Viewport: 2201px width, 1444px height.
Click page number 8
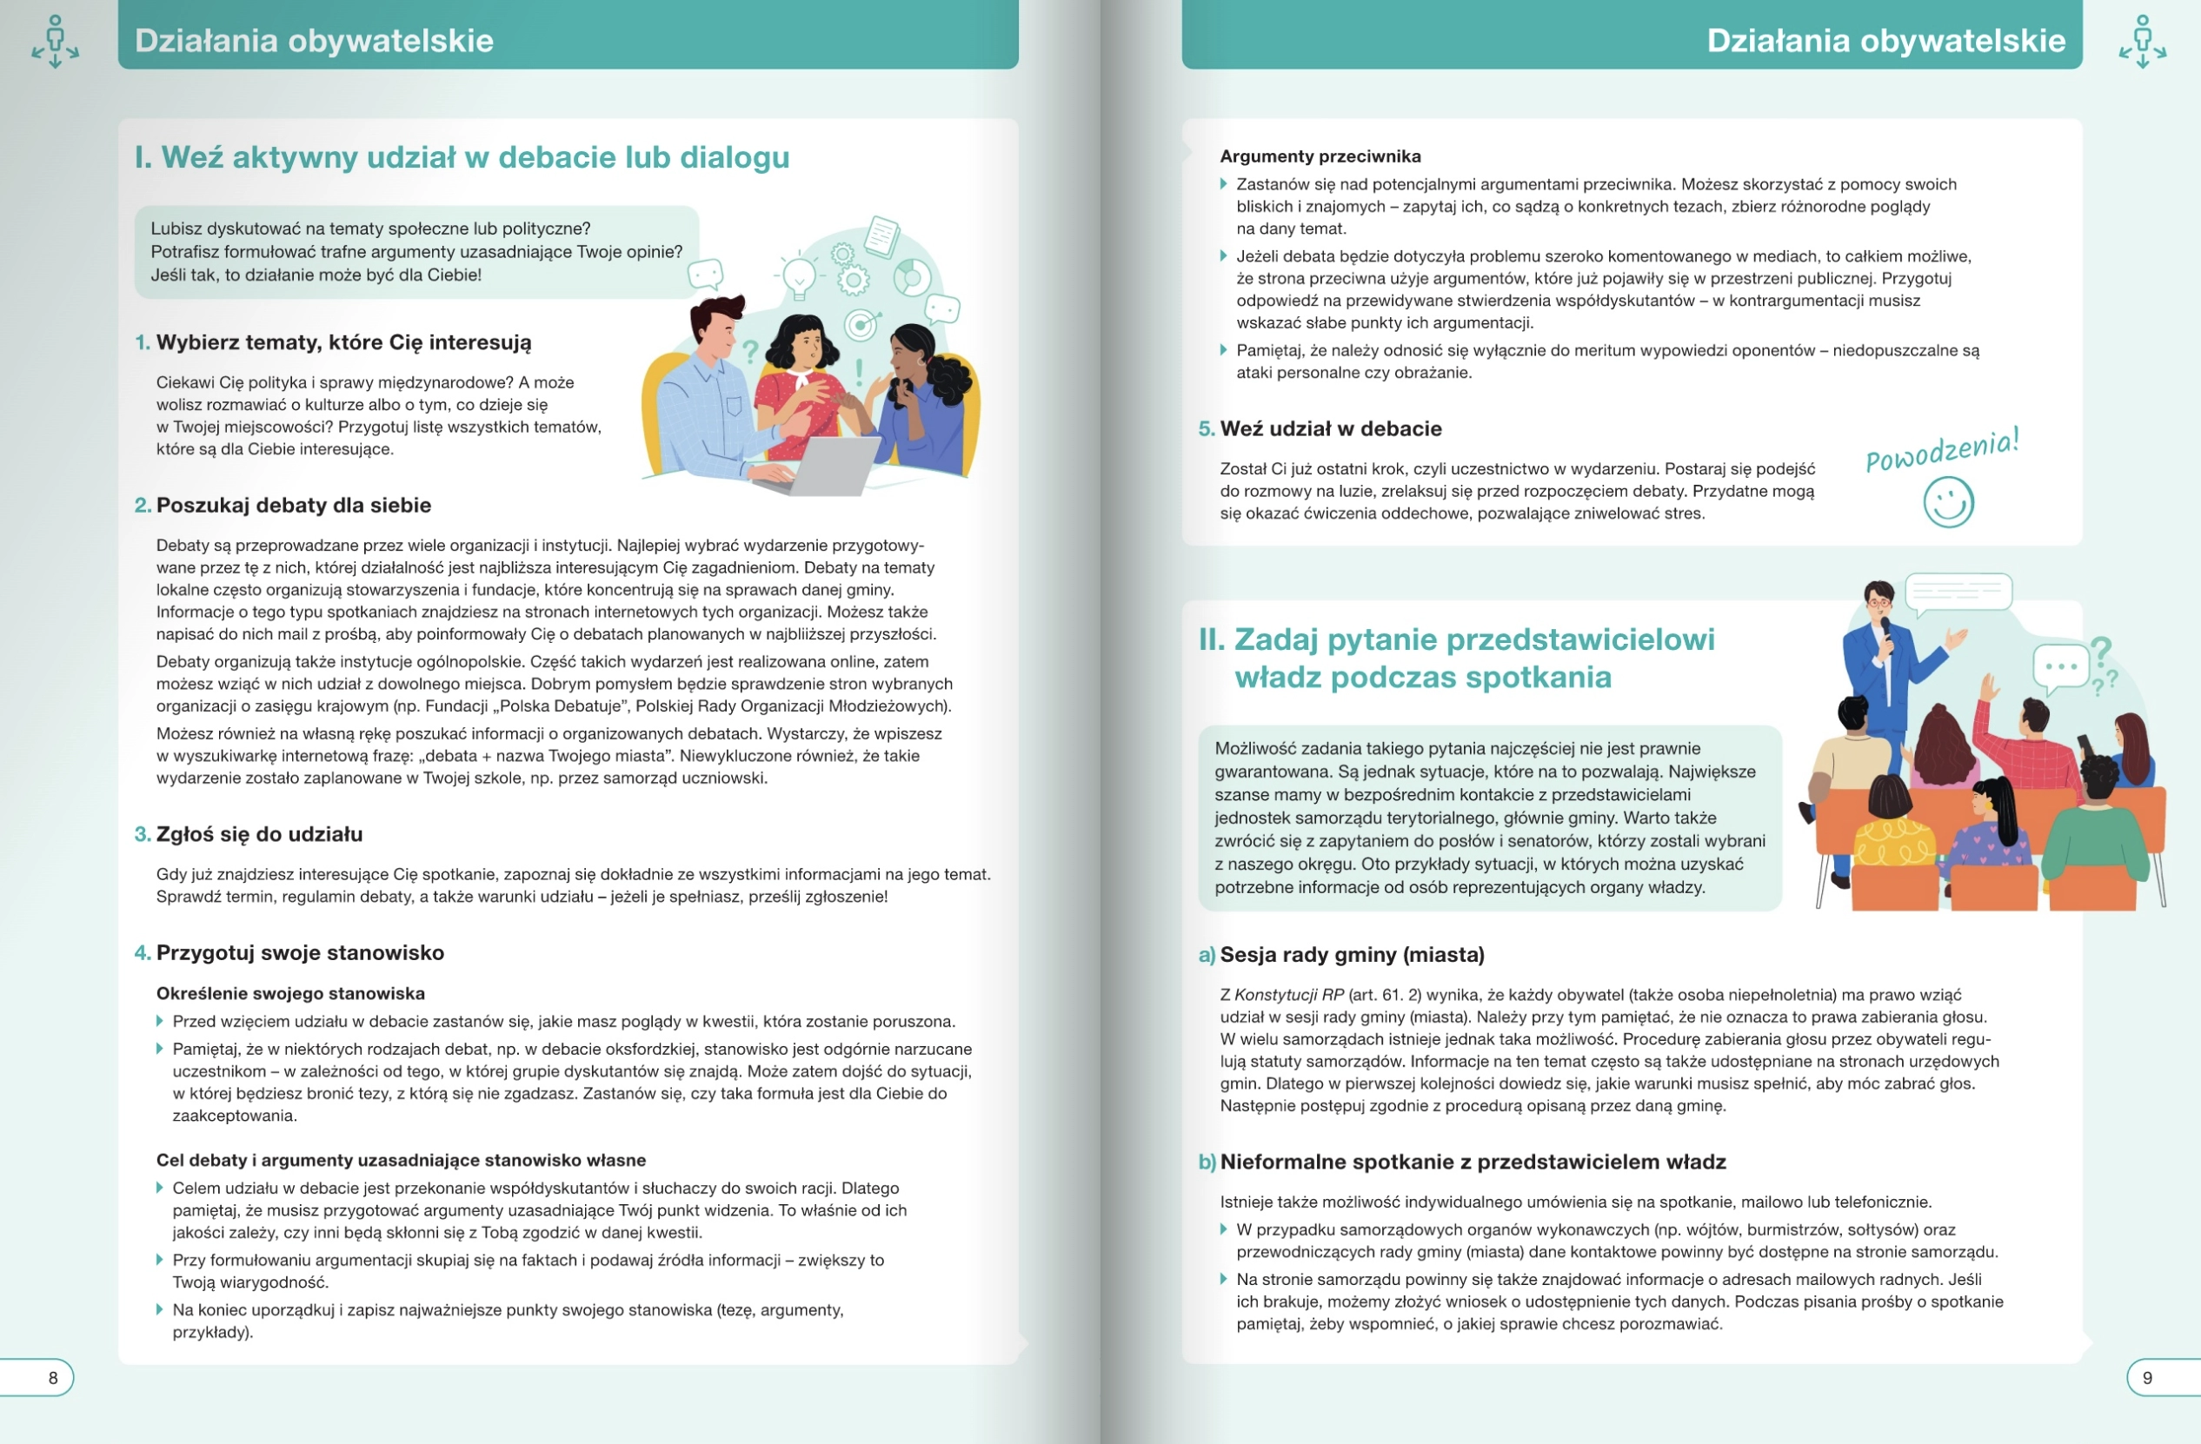53,1377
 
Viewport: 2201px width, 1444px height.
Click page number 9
2147,1377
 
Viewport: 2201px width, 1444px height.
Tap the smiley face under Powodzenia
1949,502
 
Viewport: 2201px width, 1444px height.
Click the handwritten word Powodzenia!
1942,449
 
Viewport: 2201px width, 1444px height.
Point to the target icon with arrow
862,323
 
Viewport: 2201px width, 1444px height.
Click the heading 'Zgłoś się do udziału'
259,834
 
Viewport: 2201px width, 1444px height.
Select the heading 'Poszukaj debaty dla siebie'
293,505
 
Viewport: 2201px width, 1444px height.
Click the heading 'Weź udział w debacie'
1331,428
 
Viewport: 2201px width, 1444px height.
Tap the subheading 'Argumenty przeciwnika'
1320,156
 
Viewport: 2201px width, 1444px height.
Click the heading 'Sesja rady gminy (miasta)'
1351,954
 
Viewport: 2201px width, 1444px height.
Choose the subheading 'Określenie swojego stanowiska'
290,993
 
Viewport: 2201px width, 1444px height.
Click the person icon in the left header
56,41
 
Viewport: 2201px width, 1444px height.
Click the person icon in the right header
2143,41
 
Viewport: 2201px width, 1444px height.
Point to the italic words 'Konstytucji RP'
1289,995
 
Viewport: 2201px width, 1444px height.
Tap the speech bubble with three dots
2061,666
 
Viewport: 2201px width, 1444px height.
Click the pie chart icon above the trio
912,275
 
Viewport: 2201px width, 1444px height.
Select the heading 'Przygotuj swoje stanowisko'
300,952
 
